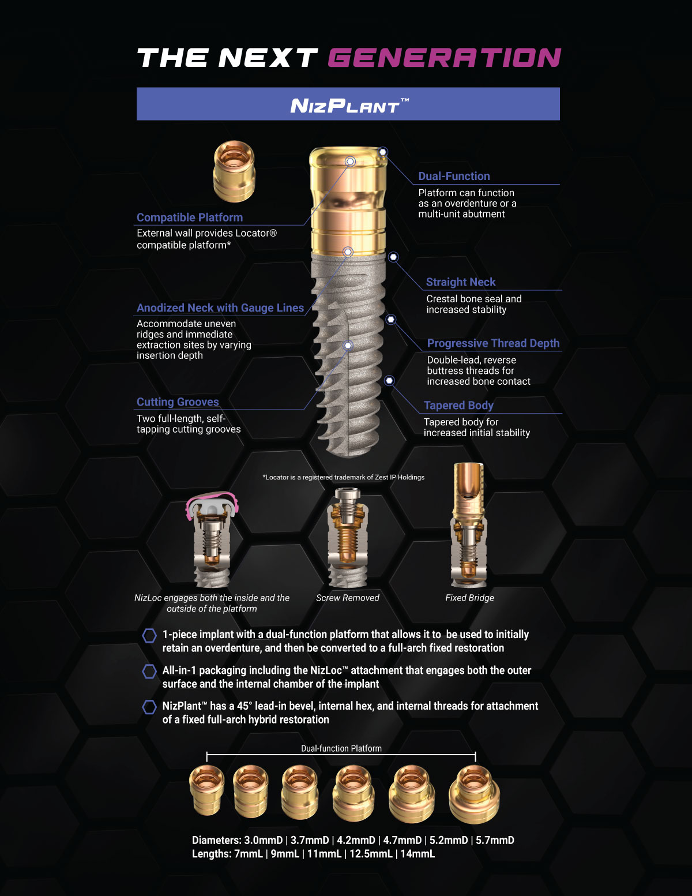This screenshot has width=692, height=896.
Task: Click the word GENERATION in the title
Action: [444, 57]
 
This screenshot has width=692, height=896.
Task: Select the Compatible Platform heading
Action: [190, 218]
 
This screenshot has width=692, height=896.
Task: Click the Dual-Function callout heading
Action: [454, 176]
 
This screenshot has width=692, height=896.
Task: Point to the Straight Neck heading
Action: [460, 282]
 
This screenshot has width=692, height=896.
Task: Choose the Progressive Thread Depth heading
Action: [493, 343]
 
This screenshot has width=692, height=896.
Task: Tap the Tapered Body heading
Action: [458, 406]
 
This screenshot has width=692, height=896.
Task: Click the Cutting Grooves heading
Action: [178, 402]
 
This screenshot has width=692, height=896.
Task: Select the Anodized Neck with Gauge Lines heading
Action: [220, 308]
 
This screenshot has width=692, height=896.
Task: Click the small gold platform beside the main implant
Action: [234, 171]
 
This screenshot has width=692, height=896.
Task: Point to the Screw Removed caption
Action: [348, 598]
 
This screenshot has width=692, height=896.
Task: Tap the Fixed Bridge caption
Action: [469, 598]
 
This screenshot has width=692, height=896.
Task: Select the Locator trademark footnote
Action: [343, 478]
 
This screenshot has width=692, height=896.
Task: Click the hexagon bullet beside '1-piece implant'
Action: [149, 635]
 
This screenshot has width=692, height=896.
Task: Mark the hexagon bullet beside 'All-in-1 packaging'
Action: [149, 671]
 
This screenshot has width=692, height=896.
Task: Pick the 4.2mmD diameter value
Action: [356, 840]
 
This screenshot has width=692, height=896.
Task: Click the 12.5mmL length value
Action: [371, 853]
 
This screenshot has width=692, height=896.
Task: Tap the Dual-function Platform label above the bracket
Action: [341, 748]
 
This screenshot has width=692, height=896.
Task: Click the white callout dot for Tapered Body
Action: [389, 381]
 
